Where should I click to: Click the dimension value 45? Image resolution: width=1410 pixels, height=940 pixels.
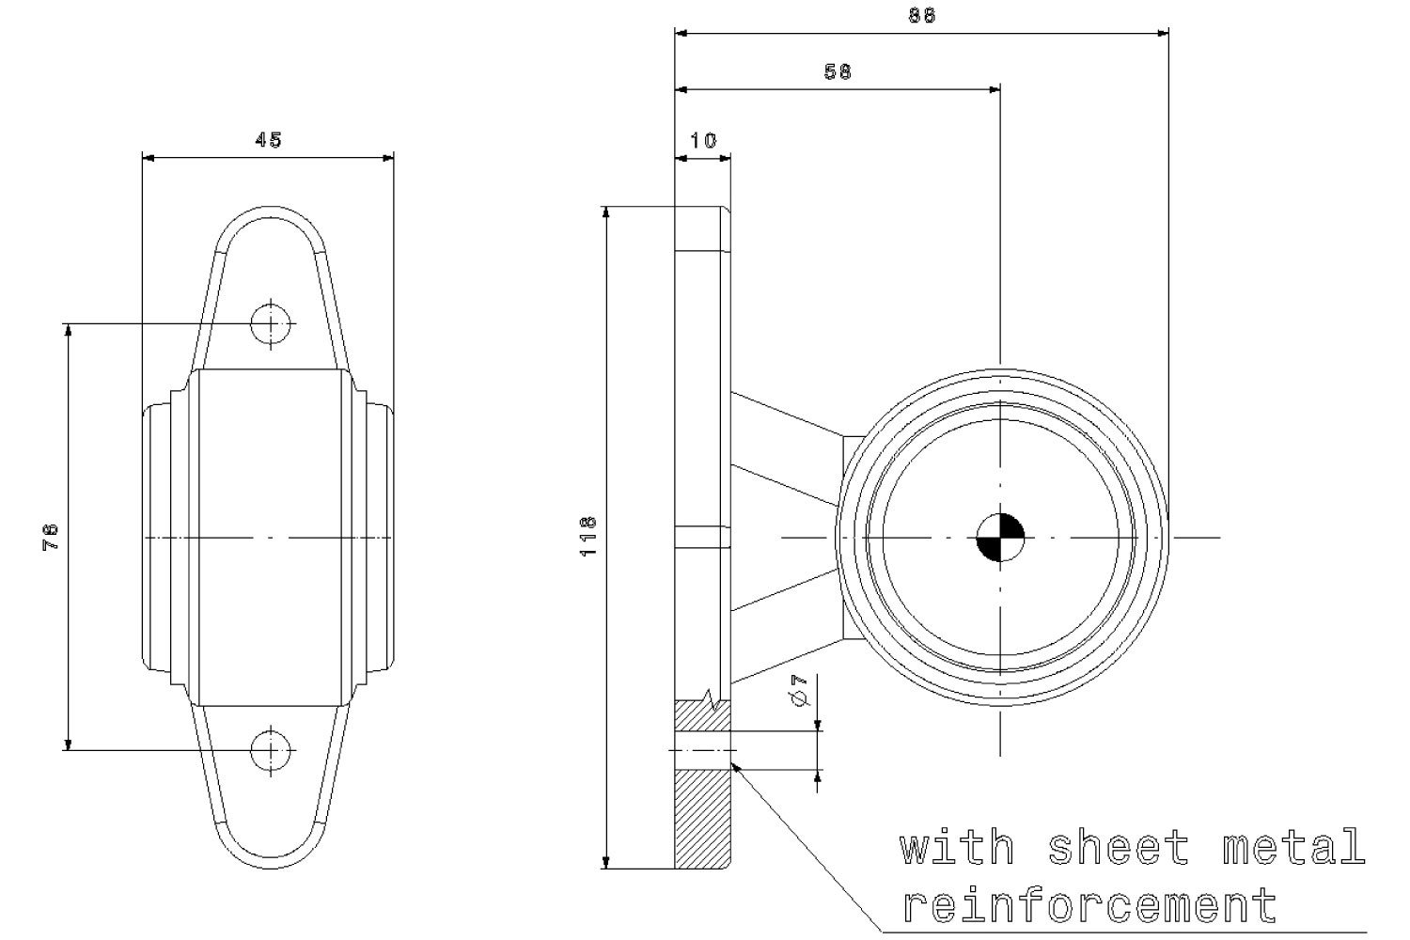269,140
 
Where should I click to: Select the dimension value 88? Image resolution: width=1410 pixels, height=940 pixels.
922,15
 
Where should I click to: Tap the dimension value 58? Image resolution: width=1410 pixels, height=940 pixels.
838,71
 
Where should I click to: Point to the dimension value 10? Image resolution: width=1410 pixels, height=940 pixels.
703,140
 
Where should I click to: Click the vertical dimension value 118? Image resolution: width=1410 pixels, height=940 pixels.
588,536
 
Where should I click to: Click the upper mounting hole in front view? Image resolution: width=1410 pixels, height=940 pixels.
272,323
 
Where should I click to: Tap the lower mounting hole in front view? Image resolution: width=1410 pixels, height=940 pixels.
272,749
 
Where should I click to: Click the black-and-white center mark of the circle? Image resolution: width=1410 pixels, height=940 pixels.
1000,537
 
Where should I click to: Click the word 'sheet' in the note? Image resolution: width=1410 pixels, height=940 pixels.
1119,848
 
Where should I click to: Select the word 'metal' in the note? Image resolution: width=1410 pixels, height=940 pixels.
1293,848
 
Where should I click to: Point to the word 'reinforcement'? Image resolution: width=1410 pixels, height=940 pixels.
1090,905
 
